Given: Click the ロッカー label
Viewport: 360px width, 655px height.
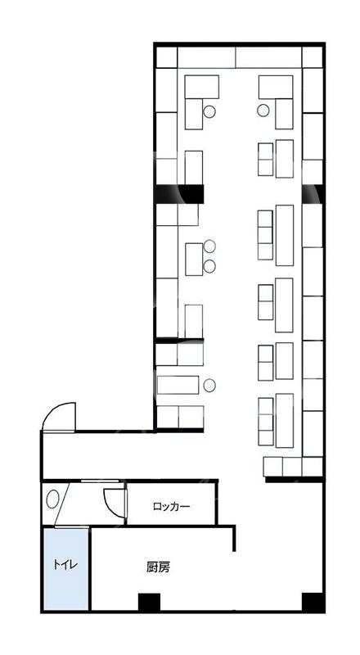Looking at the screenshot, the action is coord(171,507).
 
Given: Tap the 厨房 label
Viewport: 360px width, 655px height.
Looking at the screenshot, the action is coord(158,567).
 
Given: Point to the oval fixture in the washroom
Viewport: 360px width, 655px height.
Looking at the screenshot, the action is coord(52,499).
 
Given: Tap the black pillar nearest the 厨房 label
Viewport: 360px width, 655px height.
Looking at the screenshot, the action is coord(149,602).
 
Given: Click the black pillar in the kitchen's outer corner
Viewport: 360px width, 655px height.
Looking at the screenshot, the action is coord(313,602).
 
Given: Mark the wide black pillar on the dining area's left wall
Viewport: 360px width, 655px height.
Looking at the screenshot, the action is coord(179,194).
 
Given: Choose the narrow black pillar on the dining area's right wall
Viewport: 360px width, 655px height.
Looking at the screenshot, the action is coord(313,194).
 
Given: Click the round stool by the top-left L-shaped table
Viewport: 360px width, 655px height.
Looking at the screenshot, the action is coord(209,111).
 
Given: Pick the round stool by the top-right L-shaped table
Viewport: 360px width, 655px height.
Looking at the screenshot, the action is coord(263,111).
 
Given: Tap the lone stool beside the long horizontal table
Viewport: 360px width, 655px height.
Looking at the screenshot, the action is coord(209,384).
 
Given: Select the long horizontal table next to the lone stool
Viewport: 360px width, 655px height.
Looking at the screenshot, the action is coord(178,385).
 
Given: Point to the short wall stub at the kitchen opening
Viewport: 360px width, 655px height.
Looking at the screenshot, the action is coord(234,538).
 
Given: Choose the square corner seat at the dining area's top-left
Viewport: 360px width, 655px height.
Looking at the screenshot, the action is coord(167,57).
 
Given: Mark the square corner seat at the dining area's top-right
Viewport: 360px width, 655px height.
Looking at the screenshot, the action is coord(313,57).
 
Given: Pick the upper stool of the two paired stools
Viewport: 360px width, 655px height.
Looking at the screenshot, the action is coord(209,246).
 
